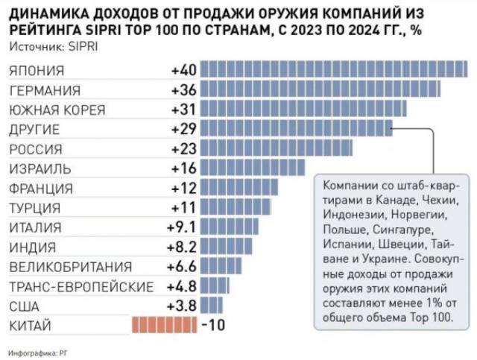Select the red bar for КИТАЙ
point(163,325)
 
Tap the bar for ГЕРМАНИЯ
point(320,90)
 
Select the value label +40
point(183,71)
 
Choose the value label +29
point(183,129)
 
